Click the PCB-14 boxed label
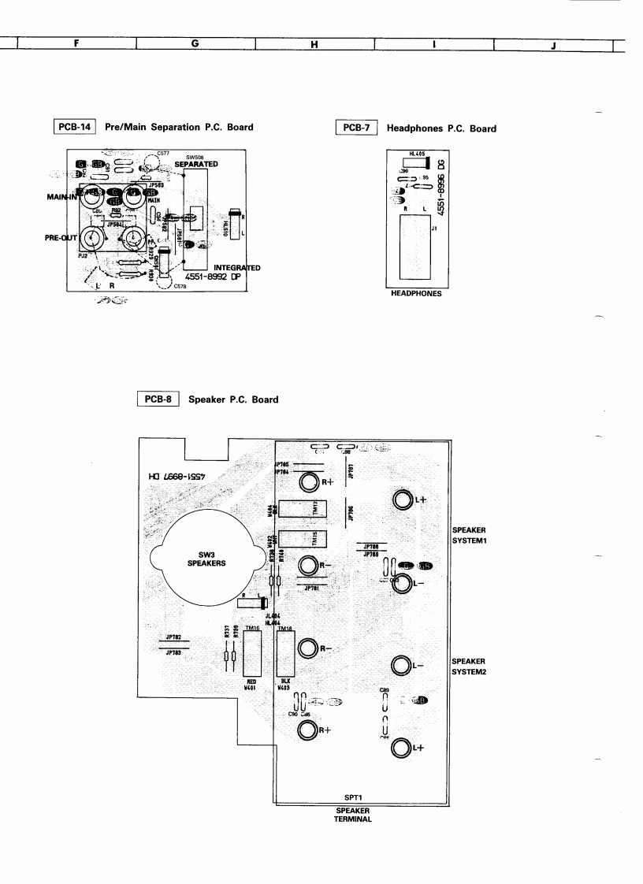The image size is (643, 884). click(75, 127)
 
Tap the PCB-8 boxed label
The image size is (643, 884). click(160, 399)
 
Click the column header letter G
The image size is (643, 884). click(195, 45)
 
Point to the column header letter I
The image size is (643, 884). click(434, 45)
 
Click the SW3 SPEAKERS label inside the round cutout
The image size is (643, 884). click(206, 559)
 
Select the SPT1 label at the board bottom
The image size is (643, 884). click(353, 797)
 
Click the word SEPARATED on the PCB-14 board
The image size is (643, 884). click(196, 164)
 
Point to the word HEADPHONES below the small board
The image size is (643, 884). click(414, 293)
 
